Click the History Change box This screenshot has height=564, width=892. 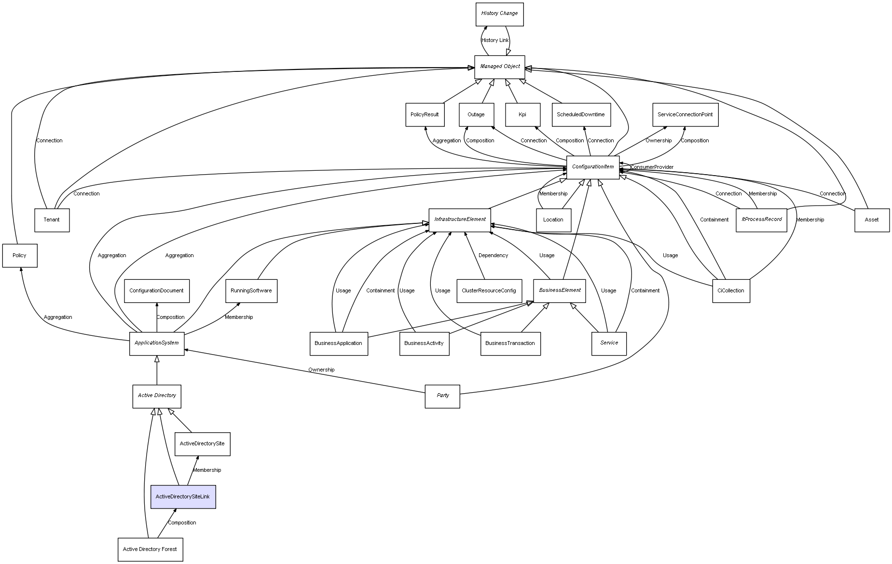pos(499,14)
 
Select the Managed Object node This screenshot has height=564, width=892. pos(499,67)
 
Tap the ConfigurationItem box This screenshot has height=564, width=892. pos(592,167)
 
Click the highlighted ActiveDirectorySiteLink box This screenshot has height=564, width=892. pos(183,496)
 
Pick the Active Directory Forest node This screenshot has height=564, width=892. pos(150,549)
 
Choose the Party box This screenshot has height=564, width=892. pos(442,396)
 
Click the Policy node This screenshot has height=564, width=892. pos(20,255)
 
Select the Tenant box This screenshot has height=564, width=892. pos(52,220)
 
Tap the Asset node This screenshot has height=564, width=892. pos(872,220)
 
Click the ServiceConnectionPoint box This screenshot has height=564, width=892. pos(685,115)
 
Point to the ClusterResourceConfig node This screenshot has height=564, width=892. pos(489,290)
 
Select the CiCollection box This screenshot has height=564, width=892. pos(731,290)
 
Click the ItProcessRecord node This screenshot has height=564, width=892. pos(761,220)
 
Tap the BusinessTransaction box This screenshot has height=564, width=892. pos(510,343)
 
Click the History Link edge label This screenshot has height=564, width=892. pos(495,41)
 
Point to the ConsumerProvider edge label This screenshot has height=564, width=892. pos(652,167)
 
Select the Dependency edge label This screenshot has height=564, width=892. pos(493,255)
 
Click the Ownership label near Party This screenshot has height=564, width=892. pos(321,370)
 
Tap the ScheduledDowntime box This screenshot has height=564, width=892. pos(581,115)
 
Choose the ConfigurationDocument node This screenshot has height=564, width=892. pos(156,290)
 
